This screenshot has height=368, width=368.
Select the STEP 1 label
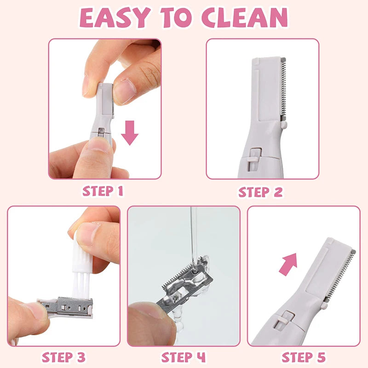pyautogui.click(x=103, y=191)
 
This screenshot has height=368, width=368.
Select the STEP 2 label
pyautogui.click(x=260, y=192)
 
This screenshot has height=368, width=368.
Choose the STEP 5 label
pyautogui.click(x=303, y=357)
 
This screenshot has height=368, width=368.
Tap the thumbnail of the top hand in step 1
pyautogui.click(x=123, y=90)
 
